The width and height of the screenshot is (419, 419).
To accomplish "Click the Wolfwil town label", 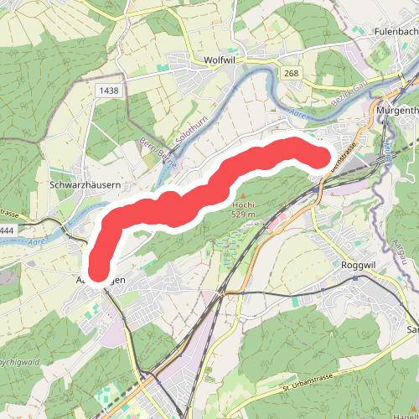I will pyautogui.click(x=222, y=60).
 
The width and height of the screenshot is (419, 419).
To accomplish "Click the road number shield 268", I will pyautogui.click(x=291, y=74).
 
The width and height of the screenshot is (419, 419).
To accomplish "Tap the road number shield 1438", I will pyautogui.click(x=107, y=90).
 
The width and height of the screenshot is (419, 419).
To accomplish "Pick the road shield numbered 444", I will pyautogui.click(x=6, y=229).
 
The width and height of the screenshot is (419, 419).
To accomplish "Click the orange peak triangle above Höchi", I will pyautogui.click(x=244, y=196).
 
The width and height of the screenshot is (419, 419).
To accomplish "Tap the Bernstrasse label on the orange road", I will pyautogui.click(x=344, y=156).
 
